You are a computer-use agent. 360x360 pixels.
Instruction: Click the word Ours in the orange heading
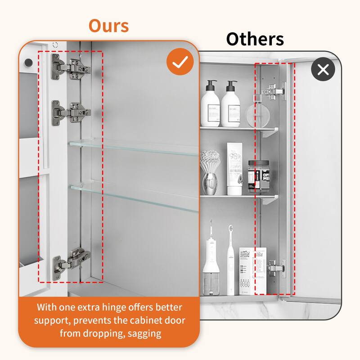[108, 25]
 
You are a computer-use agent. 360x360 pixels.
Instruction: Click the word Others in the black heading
[255, 39]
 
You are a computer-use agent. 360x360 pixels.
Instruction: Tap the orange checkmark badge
[180, 63]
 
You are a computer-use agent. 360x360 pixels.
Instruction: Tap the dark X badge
[323, 70]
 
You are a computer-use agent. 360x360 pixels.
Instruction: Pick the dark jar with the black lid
[257, 176]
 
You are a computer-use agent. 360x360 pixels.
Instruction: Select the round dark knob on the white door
[28, 61]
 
